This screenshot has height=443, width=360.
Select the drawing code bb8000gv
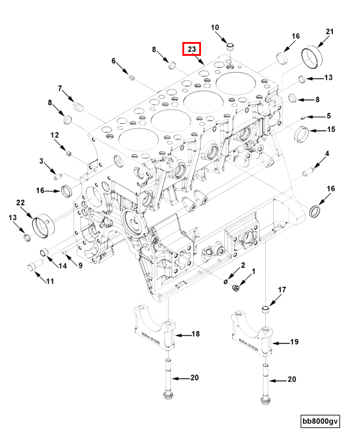point(320,421)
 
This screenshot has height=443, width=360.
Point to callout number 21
point(329,31)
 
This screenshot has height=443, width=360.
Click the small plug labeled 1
point(236,289)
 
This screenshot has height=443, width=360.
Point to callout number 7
point(60,89)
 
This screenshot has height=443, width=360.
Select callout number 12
point(54,135)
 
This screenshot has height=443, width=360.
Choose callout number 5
point(328,116)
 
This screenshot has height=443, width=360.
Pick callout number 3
point(41,161)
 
